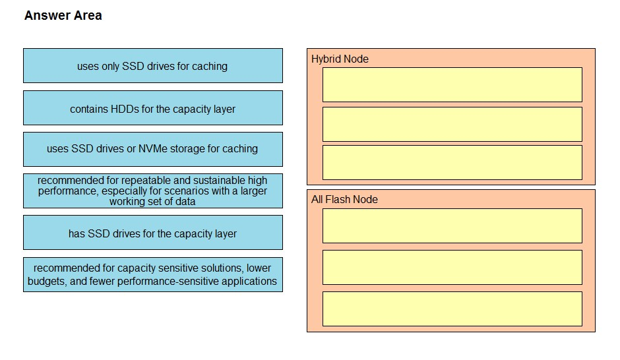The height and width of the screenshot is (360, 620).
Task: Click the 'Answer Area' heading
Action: click(63, 15)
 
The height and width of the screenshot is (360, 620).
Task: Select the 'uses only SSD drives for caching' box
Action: click(153, 65)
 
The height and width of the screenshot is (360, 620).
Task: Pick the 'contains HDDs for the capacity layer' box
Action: click(153, 108)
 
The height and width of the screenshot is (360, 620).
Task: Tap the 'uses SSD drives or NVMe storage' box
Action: click(153, 150)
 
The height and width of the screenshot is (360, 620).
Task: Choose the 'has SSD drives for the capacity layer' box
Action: click(153, 232)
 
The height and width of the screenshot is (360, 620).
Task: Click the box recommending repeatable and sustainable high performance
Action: click(153, 191)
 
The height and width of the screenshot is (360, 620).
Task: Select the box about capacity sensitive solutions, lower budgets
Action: click(153, 275)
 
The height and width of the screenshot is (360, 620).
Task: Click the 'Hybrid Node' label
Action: click(340, 59)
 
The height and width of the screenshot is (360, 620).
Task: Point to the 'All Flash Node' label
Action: click(344, 199)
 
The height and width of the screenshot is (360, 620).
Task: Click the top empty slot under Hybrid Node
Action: click(452, 84)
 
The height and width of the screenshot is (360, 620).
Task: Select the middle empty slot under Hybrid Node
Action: click(452, 124)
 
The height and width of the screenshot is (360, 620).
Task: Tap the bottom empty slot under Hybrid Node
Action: click(452, 162)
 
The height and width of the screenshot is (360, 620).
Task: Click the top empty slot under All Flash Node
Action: click(452, 225)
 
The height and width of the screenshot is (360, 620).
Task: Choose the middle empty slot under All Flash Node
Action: click(452, 267)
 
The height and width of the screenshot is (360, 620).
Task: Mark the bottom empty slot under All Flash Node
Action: click(452, 309)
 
